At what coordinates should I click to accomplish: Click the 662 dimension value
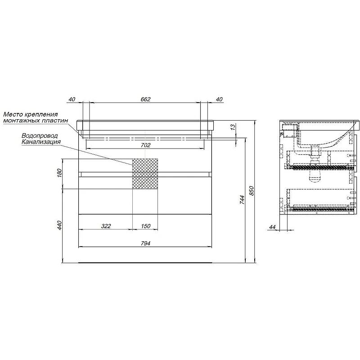(x=145, y=99)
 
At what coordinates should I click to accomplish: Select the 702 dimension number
(x=145, y=145)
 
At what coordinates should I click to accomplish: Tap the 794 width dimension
(x=145, y=243)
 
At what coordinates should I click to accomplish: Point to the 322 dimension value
(x=106, y=226)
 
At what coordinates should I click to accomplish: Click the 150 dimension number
(x=145, y=226)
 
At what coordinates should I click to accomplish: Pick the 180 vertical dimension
(x=59, y=173)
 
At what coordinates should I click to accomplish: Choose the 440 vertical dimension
(x=59, y=225)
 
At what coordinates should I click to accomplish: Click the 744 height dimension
(x=242, y=199)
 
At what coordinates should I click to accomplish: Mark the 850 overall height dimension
(x=252, y=191)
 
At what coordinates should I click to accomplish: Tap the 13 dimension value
(x=233, y=126)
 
